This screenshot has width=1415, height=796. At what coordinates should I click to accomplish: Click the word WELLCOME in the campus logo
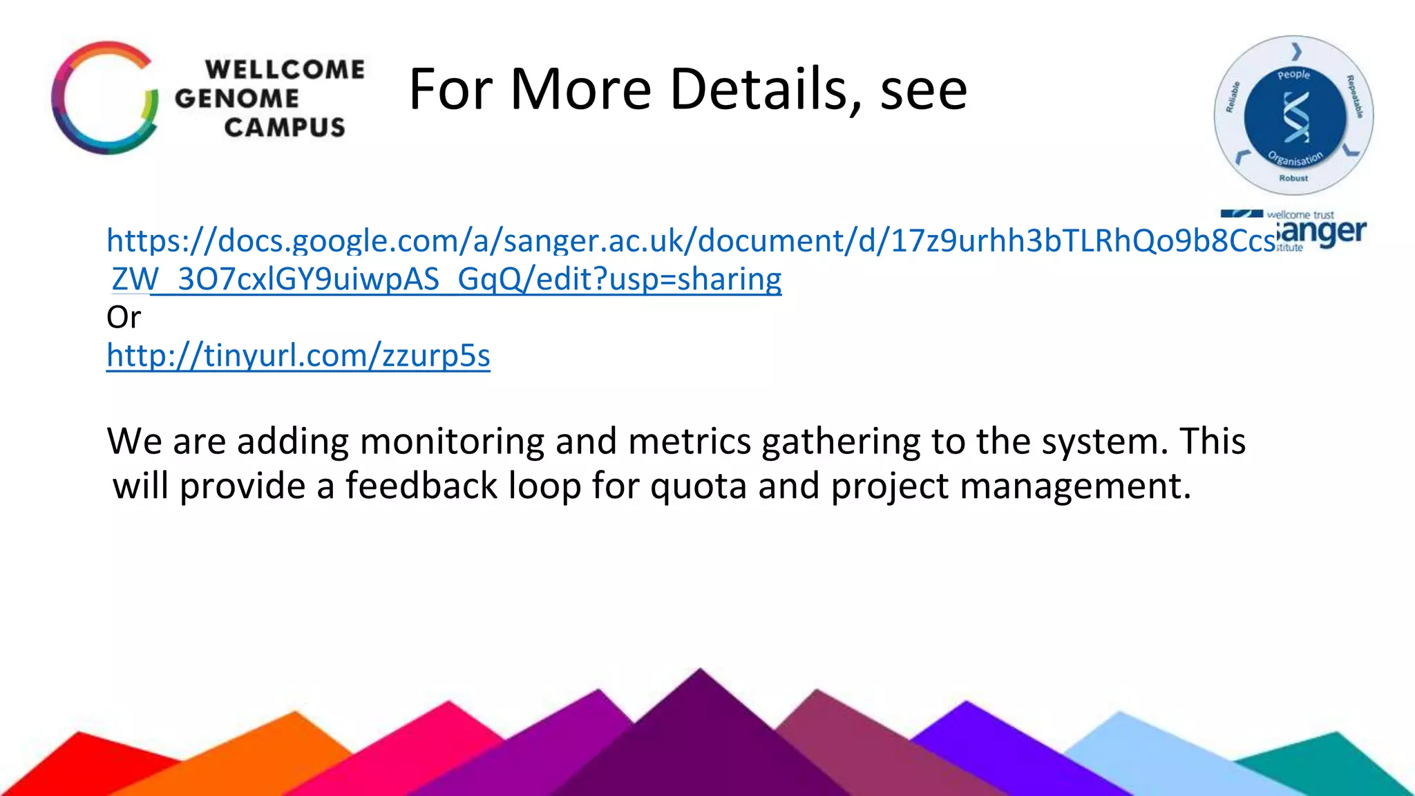pos(285,70)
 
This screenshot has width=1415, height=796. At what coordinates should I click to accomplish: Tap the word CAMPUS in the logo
pos(285,127)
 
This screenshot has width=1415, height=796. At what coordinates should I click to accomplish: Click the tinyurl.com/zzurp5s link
pos(298,356)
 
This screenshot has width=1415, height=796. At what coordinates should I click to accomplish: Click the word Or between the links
pos(124,317)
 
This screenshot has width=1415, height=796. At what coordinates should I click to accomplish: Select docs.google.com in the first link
pos(338,240)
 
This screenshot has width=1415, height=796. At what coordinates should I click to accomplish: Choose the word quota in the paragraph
pos(698,486)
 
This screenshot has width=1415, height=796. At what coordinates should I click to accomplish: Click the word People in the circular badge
pos(1293,75)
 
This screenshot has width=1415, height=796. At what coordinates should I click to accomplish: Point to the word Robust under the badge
pos(1293,178)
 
